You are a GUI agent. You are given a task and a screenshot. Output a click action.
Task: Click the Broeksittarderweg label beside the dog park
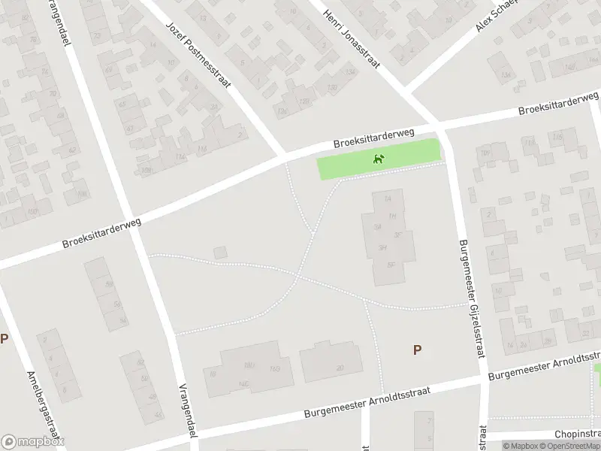tap(374, 138)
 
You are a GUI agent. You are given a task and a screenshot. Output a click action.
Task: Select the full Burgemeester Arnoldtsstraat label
tap(367, 402)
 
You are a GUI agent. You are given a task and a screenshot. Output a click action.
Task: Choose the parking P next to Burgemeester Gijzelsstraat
tap(417, 350)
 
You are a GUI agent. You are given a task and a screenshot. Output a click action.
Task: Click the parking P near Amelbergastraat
tap(5, 339)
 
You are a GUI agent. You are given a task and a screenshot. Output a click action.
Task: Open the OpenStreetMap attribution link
tap(571, 446)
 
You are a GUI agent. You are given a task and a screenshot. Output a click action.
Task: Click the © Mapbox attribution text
tap(521, 446)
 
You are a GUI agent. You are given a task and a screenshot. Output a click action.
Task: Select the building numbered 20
tap(331, 362)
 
